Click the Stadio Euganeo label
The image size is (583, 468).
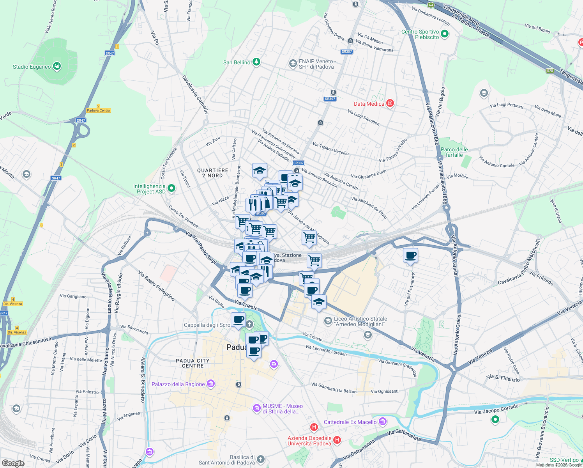(32, 67)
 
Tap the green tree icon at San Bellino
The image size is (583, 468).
(256, 62)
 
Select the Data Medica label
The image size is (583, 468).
(369, 104)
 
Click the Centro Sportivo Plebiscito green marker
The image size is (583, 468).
(445, 34)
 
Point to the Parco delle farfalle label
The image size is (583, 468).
(454, 152)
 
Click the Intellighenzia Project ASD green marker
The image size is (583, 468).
(171, 189)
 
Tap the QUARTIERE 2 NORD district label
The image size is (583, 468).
(212, 173)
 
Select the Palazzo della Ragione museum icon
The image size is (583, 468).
(211, 384)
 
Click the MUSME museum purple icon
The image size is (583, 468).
(256, 408)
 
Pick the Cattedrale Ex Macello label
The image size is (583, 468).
(350, 422)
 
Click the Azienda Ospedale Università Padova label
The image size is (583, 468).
(309, 441)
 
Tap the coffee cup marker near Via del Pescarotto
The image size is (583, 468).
(410, 256)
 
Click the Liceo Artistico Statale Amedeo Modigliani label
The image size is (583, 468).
(360, 321)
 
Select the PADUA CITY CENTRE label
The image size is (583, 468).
(193, 363)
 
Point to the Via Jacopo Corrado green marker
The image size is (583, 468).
(495, 420)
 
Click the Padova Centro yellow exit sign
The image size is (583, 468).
(99, 110)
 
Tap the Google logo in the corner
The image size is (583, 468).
(13, 463)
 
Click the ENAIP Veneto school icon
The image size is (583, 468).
(293, 63)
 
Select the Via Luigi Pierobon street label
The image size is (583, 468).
(363, 117)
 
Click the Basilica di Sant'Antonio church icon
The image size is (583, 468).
(261, 459)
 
